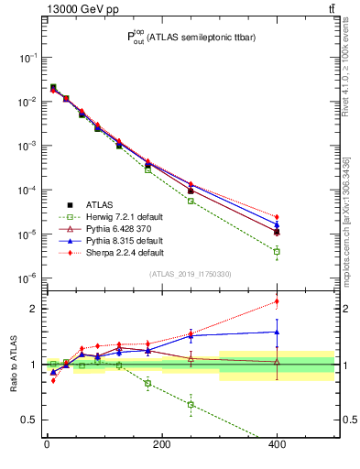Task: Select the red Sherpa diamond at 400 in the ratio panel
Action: [x=277, y=301]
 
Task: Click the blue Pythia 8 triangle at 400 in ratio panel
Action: [x=277, y=333]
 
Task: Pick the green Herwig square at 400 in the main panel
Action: [x=277, y=251]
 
